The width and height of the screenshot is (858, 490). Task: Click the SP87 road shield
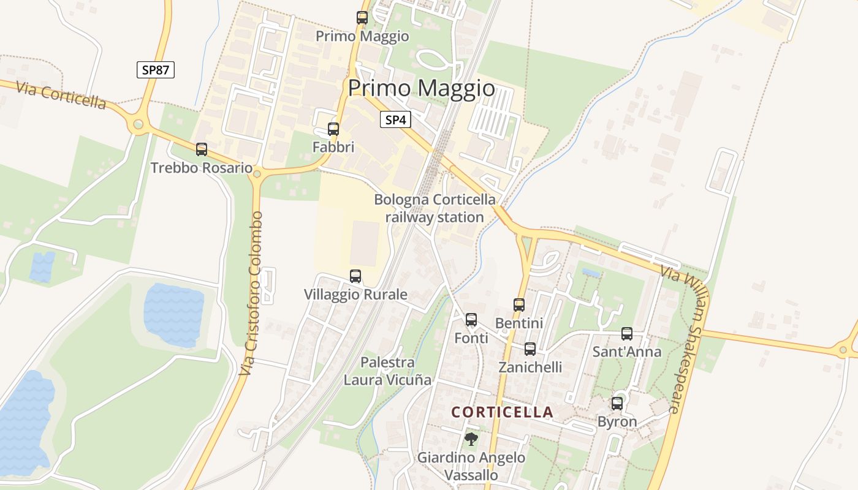pos(156,70)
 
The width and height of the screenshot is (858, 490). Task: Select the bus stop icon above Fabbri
pos(333,129)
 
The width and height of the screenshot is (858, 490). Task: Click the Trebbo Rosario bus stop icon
pos(202,149)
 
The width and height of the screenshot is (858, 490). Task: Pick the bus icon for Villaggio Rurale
pos(355,276)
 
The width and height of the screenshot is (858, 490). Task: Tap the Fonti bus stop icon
pos(471,320)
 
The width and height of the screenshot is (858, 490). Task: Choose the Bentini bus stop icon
pos(519,304)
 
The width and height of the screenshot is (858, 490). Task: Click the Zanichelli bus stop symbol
pos(530,349)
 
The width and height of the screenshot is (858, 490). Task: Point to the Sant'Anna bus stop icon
pos(627,334)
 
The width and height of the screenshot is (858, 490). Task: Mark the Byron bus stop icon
pos(617,404)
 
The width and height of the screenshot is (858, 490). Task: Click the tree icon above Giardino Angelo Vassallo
pos(471,439)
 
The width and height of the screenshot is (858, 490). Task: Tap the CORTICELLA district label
pos(503,412)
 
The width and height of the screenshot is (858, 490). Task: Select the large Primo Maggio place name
pos(422,88)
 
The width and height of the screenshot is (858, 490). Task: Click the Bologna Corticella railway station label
pos(435,208)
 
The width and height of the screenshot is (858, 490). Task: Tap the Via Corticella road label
pos(61,96)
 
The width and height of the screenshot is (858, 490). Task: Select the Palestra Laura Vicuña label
pos(387,371)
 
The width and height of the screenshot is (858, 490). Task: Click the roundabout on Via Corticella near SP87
pos(139,125)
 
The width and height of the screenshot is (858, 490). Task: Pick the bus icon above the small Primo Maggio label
pos(362,18)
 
